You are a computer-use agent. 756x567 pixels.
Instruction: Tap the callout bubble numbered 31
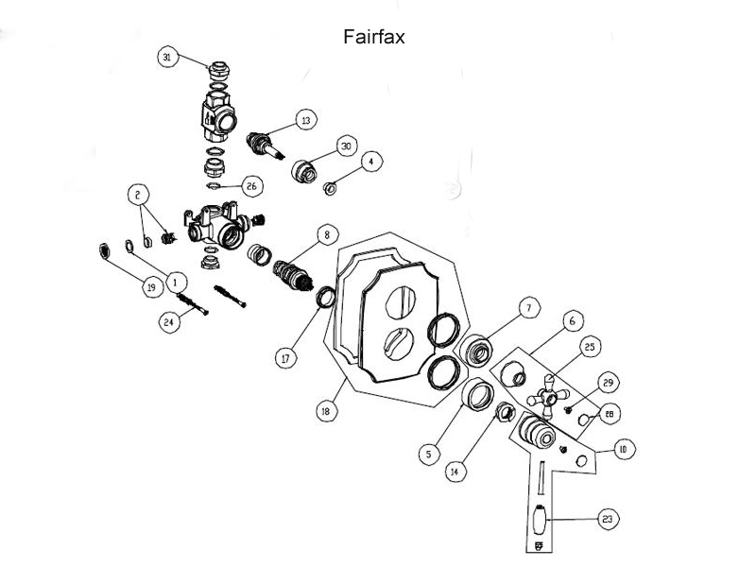167,58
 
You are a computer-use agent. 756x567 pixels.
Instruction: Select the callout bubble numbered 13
305,121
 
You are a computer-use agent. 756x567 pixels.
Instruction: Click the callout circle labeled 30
346,147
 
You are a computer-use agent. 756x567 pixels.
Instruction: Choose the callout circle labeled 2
139,195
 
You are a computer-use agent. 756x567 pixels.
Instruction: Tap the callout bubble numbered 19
149,288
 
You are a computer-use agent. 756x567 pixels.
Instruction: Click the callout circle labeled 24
170,321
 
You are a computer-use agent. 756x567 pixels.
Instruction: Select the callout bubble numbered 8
326,233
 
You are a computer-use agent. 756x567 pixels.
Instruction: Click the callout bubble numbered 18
326,412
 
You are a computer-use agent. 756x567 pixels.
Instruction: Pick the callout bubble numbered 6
572,321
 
